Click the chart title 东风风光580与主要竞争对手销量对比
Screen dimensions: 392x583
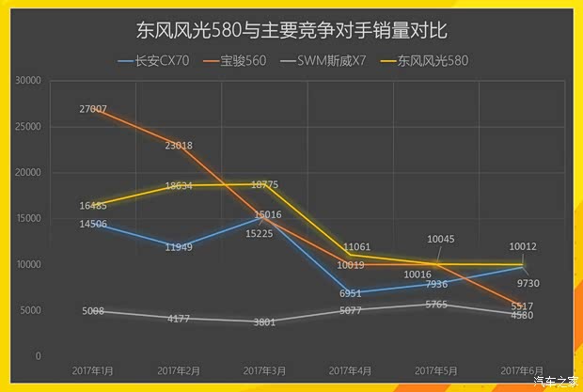point(291,32)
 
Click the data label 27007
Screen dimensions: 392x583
point(92,110)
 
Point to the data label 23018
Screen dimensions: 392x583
point(179,146)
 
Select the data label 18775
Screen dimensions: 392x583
point(263,184)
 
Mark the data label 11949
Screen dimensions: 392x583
point(179,247)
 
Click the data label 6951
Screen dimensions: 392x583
point(350,293)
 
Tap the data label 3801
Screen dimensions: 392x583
point(264,322)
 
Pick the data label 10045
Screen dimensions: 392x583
point(440,239)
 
